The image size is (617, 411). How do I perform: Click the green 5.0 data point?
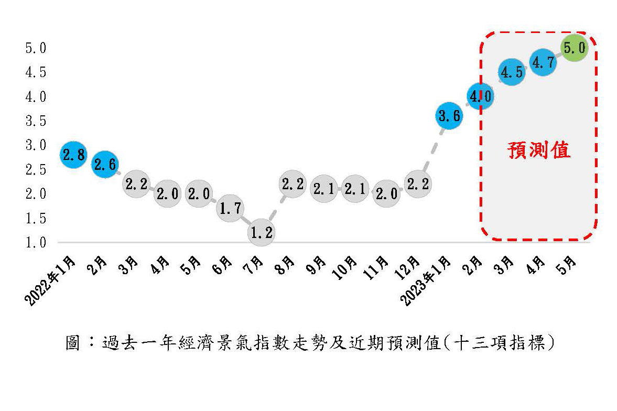(575, 48)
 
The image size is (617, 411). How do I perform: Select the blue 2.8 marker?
(73, 155)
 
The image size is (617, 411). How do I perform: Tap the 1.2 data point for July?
(261, 232)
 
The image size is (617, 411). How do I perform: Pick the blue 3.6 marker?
(449, 116)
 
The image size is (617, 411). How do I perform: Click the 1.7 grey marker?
(230, 208)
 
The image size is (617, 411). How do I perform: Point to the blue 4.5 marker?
(512, 72)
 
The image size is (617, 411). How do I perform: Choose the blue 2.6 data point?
(105, 164)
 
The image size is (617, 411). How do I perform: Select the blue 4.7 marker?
(543, 62)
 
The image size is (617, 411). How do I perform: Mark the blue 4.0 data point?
(481, 96)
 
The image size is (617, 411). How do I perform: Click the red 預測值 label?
(539, 150)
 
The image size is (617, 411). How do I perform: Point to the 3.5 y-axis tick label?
(36, 121)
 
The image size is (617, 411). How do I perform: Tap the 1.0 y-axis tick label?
(36, 243)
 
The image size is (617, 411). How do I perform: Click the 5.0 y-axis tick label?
(36, 48)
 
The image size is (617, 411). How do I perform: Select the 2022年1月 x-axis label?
(50, 280)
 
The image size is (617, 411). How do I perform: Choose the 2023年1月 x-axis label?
(425, 280)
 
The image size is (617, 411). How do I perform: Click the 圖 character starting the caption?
(73, 343)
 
